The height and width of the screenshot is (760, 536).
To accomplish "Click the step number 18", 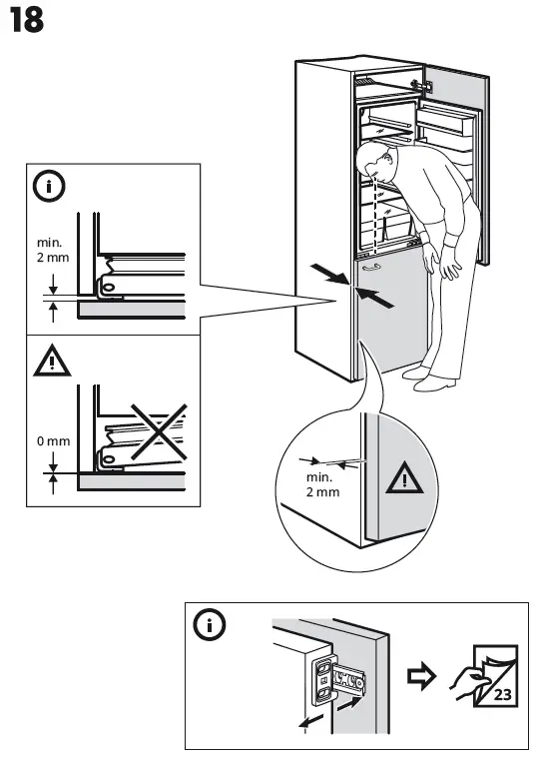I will click(27, 22).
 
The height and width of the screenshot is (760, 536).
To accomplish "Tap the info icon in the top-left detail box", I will click(49, 186).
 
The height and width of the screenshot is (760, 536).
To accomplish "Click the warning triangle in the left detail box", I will click(49, 363).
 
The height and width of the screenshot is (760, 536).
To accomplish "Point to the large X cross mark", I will click(147, 432).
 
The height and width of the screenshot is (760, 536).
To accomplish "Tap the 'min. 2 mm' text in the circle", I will click(322, 485).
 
